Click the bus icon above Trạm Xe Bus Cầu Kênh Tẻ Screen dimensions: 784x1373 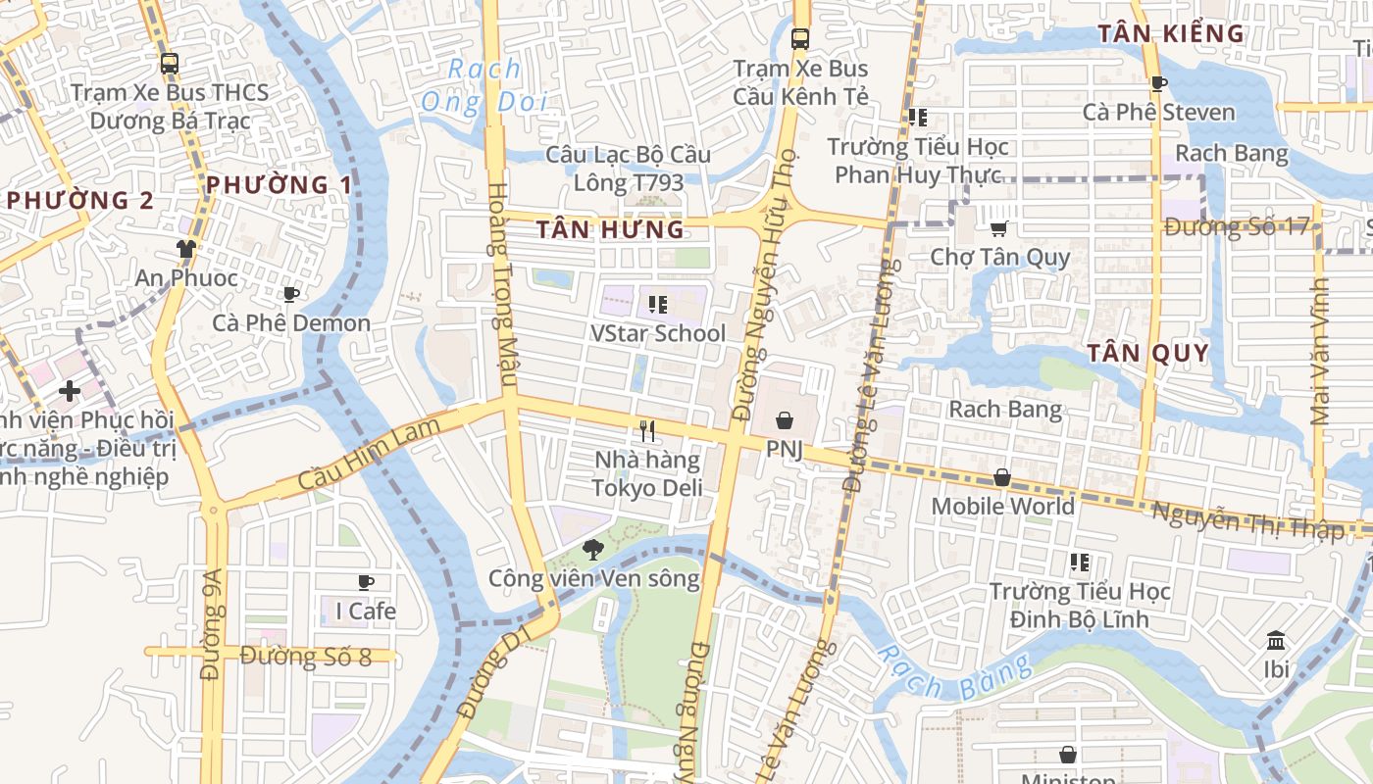coord(800,39)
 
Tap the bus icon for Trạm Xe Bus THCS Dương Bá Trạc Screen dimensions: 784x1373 coord(170,64)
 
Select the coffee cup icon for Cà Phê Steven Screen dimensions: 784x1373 coord(1158,83)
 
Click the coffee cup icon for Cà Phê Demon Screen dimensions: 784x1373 coord(290,294)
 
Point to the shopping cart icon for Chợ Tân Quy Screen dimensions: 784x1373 coord(998,228)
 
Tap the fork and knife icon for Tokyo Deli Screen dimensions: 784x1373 coord(647,430)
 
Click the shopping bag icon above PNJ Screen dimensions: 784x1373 coord(785,420)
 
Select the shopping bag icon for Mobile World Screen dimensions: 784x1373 coord(1001,477)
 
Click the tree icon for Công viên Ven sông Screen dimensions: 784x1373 coord(592,549)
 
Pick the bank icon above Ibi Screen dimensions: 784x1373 coord(1276,640)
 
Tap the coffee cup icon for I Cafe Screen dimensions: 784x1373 coord(366,582)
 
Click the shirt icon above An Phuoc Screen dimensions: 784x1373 coord(185,248)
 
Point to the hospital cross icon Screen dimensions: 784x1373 coord(70,391)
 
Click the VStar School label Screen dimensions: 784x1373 coord(658,333)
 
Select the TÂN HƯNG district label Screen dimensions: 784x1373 coord(610,230)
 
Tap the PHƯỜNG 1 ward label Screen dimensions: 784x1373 coord(279,184)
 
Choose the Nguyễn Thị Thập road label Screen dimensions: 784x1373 coord(1246,519)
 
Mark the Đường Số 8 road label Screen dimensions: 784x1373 coord(305,656)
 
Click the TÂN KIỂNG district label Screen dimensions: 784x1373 coord(1170,33)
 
